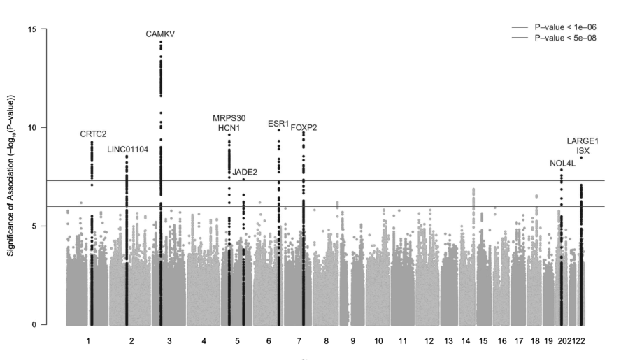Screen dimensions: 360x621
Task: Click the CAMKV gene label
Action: click(x=160, y=34)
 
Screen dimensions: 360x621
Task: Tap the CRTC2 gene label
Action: click(x=93, y=134)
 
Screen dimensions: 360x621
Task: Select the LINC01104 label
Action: click(x=127, y=150)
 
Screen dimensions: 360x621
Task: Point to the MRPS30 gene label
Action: click(x=229, y=118)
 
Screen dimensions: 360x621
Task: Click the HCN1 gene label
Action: click(x=229, y=128)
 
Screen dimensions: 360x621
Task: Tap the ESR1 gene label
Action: click(x=278, y=124)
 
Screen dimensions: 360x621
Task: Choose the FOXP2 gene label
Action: click(x=304, y=127)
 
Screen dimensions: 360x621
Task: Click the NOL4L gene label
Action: click(x=562, y=164)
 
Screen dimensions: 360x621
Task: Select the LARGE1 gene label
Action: click(x=583, y=141)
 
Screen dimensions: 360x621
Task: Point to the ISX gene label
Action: click(x=583, y=151)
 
